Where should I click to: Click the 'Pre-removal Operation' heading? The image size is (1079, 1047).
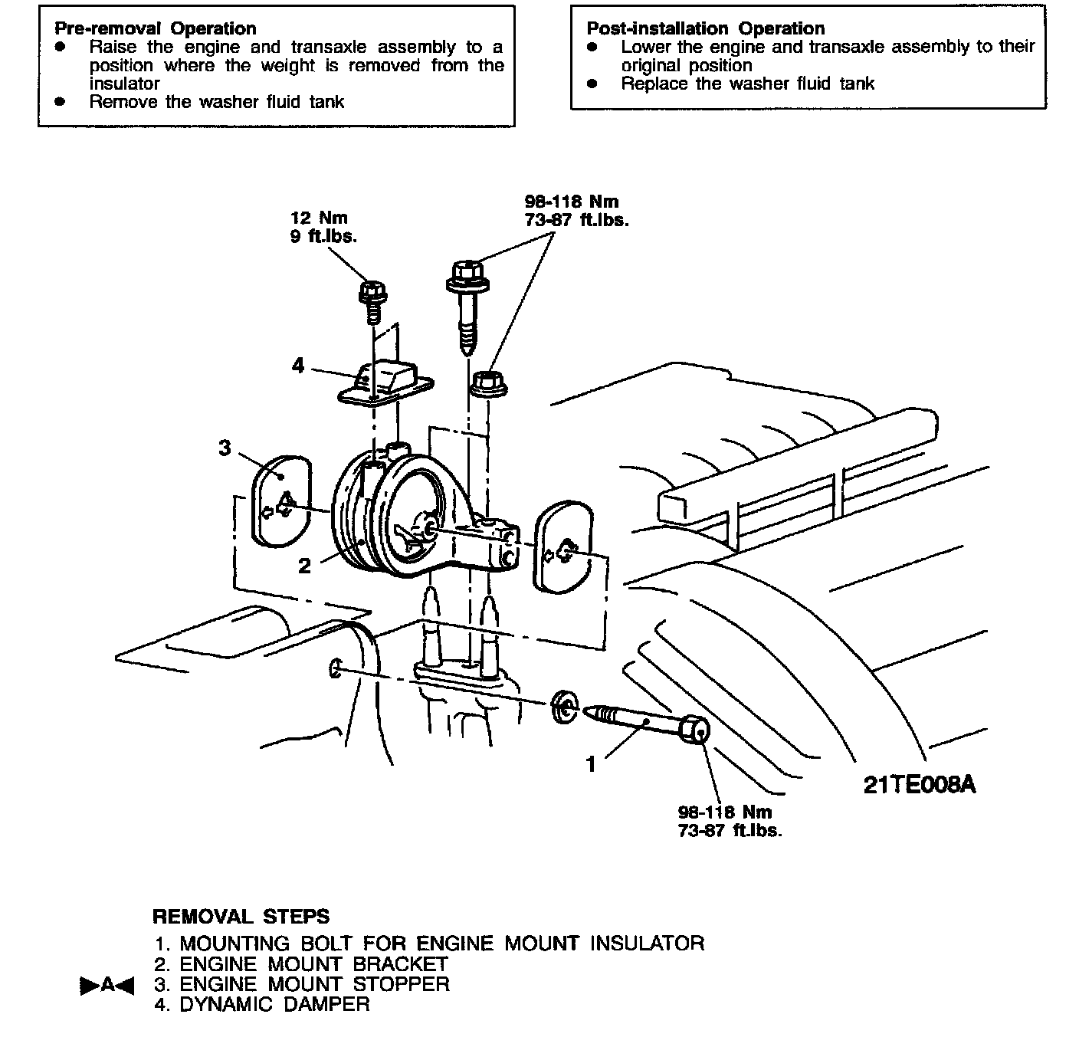pos(155,29)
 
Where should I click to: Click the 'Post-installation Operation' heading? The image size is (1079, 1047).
pos(705,29)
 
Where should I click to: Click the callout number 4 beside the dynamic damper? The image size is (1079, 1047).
pos(298,366)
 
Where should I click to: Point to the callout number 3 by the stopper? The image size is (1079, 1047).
pos(225,448)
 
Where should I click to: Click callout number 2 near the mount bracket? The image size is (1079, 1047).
pos(305,566)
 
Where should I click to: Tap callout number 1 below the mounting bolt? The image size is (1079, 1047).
pos(591,764)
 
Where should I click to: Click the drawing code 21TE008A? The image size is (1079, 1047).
pos(920,785)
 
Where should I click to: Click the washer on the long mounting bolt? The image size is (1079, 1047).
pos(565,706)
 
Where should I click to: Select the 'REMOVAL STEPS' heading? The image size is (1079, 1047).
pos(241,917)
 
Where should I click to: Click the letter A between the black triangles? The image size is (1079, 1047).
pos(107,985)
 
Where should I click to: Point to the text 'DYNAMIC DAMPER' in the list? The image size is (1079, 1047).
pos(274,1004)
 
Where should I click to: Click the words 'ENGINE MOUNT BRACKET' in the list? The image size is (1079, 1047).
pos(313,963)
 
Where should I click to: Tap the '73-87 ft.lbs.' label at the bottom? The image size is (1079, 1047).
pos(730,830)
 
